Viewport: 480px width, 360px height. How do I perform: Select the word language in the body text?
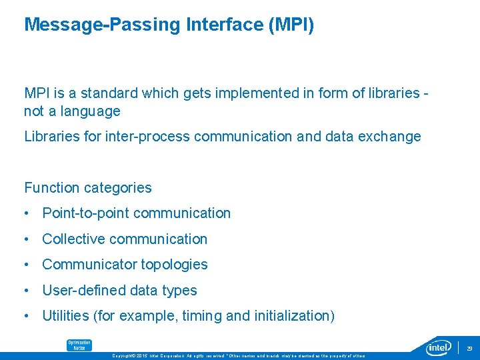point(90,111)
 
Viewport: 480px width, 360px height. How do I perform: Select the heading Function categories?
point(88,188)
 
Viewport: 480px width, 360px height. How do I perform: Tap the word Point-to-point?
point(85,213)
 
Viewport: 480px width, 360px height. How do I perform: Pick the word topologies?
point(174,265)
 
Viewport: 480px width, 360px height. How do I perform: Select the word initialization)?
point(295,316)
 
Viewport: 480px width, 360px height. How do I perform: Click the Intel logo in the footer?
point(439,347)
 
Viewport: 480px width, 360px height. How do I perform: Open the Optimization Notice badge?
point(79,345)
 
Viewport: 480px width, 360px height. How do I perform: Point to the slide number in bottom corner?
point(469,348)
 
